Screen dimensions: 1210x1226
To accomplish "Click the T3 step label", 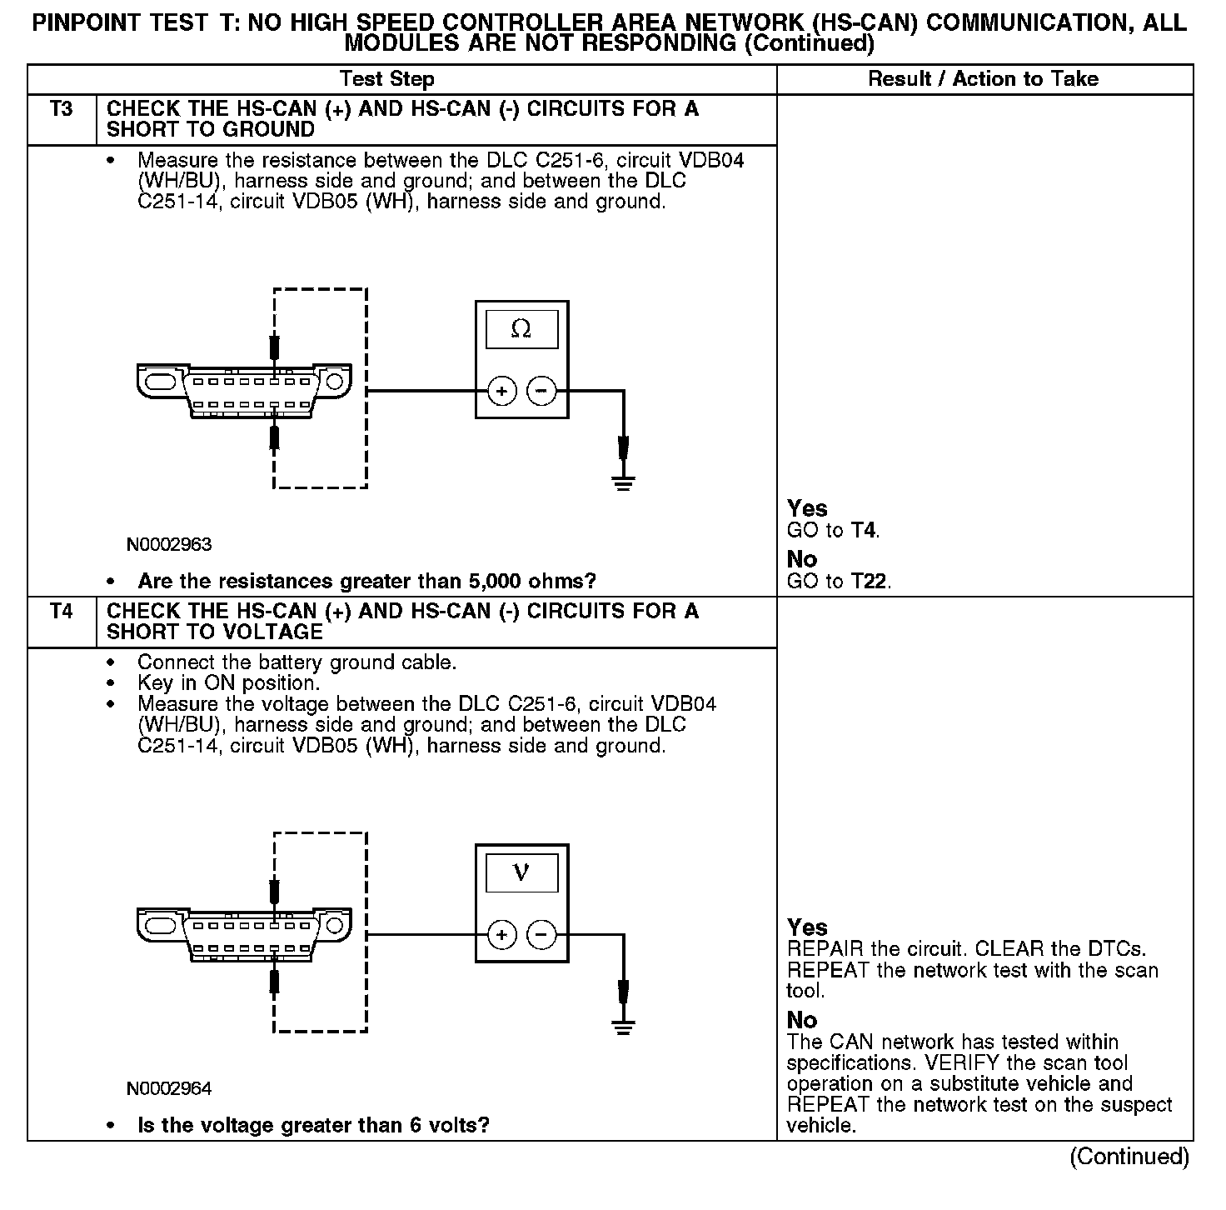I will click(62, 109).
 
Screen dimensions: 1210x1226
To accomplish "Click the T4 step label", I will click(62, 612).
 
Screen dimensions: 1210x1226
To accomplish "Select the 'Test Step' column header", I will click(386, 79).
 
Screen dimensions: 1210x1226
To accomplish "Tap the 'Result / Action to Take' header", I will click(983, 79).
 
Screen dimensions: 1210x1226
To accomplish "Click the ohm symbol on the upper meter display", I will click(521, 330).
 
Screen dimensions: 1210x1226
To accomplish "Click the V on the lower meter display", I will click(521, 872).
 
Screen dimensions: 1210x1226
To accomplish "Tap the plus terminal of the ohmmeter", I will click(501, 391).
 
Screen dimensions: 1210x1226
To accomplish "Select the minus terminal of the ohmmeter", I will click(541, 391).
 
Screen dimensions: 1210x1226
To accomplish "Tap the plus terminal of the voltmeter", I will click(501, 935).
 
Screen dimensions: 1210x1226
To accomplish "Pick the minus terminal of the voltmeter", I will click(541, 935).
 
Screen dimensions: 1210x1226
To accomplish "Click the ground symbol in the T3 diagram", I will click(623, 481).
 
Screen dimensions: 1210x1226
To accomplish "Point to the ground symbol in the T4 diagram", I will click(623, 1025).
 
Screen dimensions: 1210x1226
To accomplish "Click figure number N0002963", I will click(169, 545).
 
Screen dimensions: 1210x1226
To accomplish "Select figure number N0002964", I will click(169, 1088).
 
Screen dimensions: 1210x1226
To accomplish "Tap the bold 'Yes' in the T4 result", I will click(807, 927).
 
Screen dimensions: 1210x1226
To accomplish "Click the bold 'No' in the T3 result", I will click(802, 559).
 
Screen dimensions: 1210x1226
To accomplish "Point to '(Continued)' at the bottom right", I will click(1129, 1157).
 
